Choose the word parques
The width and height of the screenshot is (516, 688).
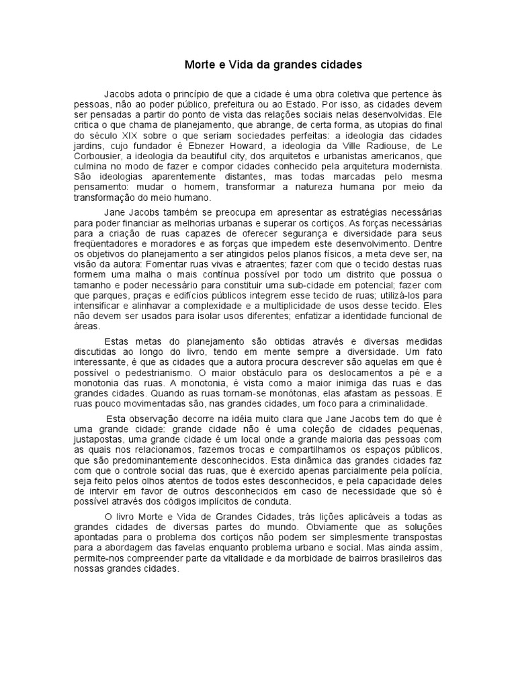(x=116, y=297)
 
